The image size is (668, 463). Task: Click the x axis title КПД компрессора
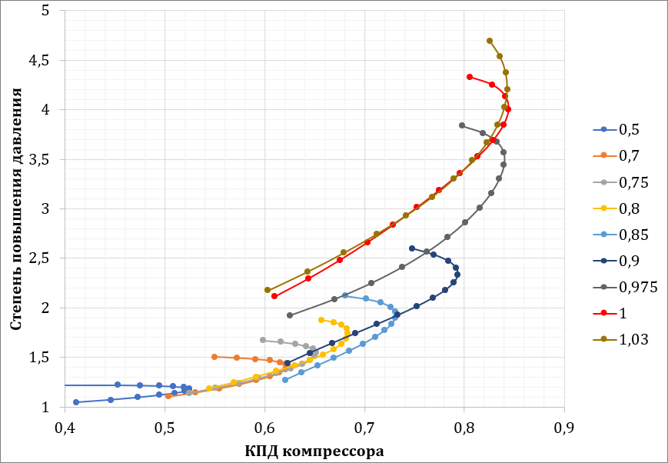tap(314, 451)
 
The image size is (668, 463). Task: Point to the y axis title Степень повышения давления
tap(16, 208)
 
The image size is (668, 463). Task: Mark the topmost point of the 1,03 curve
tap(490, 41)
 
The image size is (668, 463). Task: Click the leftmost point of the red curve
tap(274, 296)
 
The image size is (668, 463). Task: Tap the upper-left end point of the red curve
tap(469, 77)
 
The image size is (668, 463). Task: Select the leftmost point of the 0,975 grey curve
tap(290, 315)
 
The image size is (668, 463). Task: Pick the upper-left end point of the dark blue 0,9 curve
tap(412, 248)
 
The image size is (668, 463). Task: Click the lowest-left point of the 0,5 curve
tap(76, 402)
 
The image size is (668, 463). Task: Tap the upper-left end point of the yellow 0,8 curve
tap(321, 320)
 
